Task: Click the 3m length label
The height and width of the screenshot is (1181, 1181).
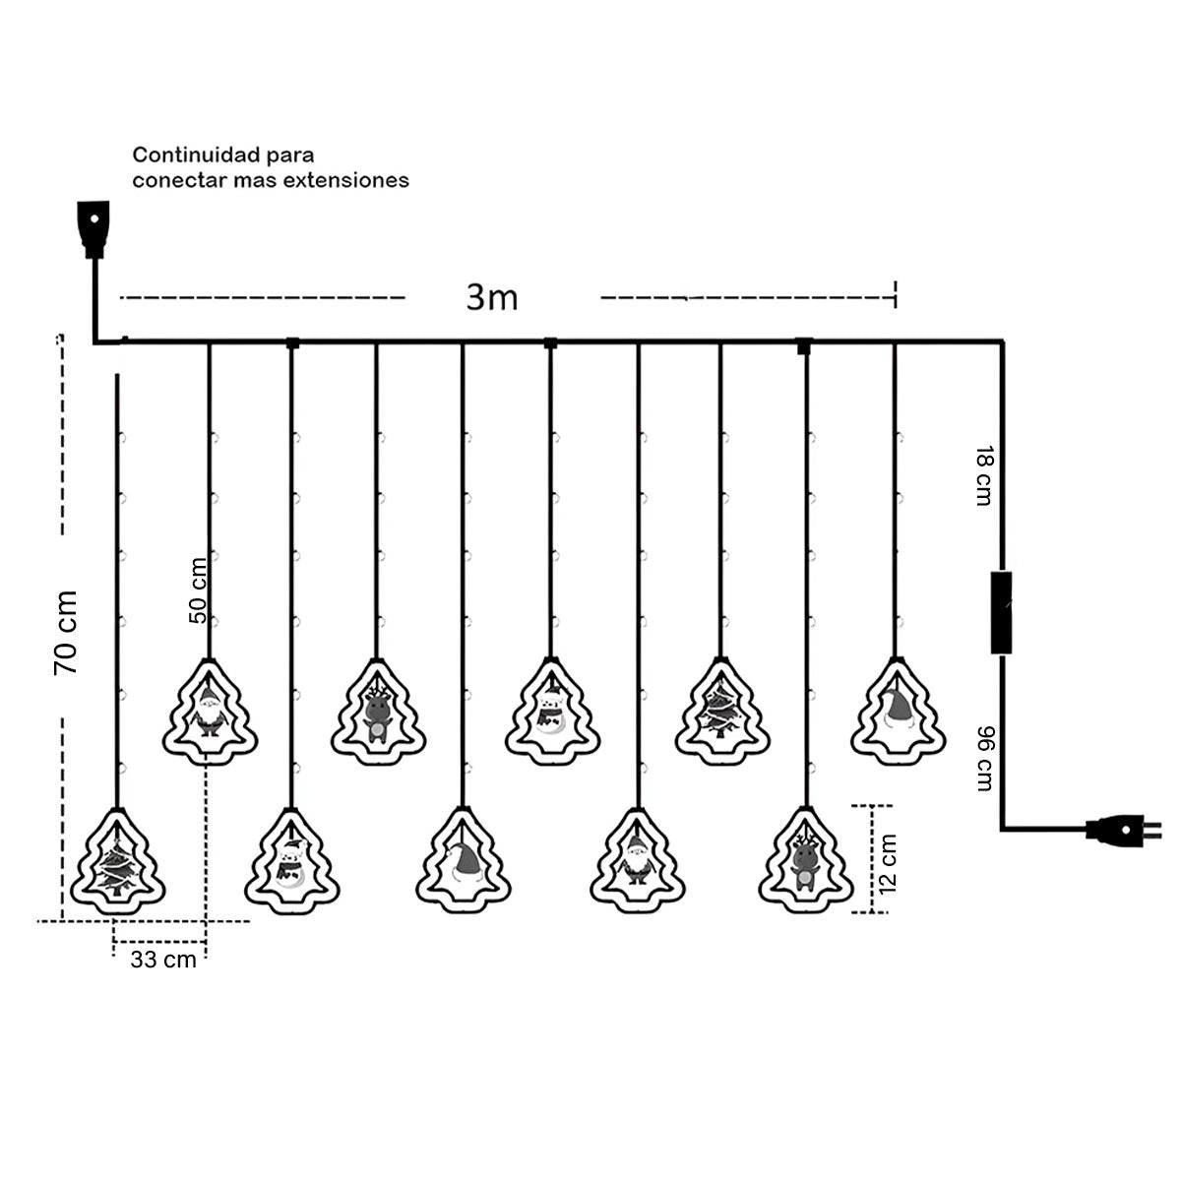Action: pos(492,296)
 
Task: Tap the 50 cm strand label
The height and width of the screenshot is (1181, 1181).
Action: pos(198,590)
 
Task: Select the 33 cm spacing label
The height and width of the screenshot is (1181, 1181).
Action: pos(163,961)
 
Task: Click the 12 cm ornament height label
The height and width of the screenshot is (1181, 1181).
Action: pos(888,863)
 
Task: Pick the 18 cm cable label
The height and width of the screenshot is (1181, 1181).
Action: pos(981,475)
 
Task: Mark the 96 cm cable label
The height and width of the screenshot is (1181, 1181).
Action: pos(983,758)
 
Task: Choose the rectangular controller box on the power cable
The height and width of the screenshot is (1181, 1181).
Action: pos(1002,611)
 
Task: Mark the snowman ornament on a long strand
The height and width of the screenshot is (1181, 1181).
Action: pos(290,860)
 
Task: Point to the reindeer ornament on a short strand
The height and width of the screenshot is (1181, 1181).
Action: pos(376,711)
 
